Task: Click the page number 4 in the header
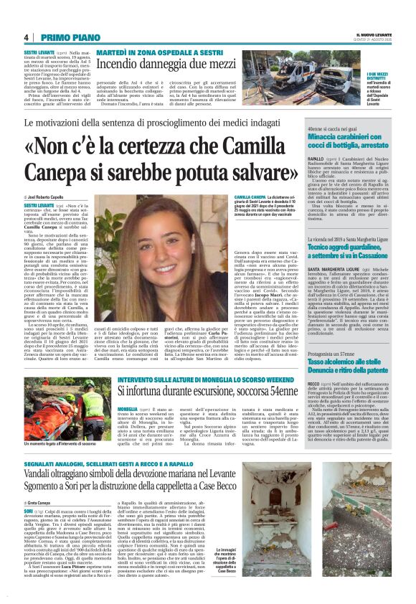tap(26, 37)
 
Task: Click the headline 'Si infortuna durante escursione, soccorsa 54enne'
tap(208, 391)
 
